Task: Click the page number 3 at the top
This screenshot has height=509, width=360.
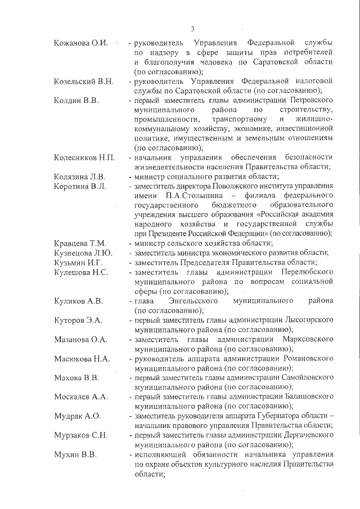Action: (192, 29)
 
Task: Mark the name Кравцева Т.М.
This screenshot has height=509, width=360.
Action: (80, 243)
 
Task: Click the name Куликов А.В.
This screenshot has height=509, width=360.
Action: (78, 301)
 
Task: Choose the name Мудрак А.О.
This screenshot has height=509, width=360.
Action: (77, 416)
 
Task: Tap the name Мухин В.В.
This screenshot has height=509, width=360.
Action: (75, 454)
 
